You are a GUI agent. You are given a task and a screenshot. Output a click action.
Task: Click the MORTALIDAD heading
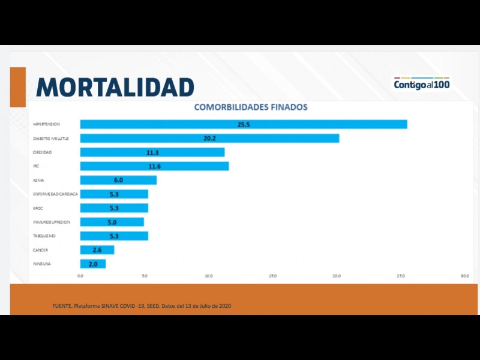[x=115, y=87]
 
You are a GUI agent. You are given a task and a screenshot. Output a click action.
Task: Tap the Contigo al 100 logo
[x=421, y=84]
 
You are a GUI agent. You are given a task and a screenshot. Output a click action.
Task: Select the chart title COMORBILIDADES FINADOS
[x=251, y=107]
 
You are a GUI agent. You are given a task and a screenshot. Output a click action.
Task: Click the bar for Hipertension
[x=244, y=124]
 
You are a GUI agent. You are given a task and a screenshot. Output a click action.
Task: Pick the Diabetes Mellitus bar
[x=209, y=138]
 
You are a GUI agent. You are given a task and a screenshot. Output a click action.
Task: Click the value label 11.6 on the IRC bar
[x=154, y=166]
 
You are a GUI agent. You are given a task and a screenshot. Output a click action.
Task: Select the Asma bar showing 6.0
[x=118, y=180]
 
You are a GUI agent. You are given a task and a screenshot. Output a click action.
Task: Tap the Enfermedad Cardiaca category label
[x=55, y=194]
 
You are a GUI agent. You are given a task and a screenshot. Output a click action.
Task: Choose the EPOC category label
[x=38, y=208]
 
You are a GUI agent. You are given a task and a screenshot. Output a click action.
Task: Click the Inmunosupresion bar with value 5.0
[x=112, y=222]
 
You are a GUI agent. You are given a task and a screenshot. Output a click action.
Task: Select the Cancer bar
[x=97, y=250]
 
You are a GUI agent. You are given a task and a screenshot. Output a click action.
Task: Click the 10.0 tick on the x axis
[x=209, y=276]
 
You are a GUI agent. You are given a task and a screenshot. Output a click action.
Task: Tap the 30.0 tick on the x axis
[x=464, y=276]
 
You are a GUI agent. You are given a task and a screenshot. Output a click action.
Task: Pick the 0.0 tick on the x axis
[x=81, y=276]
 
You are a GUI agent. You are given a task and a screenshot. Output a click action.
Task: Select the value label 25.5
[x=244, y=124]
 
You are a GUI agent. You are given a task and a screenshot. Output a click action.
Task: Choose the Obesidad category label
[x=42, y=152]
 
